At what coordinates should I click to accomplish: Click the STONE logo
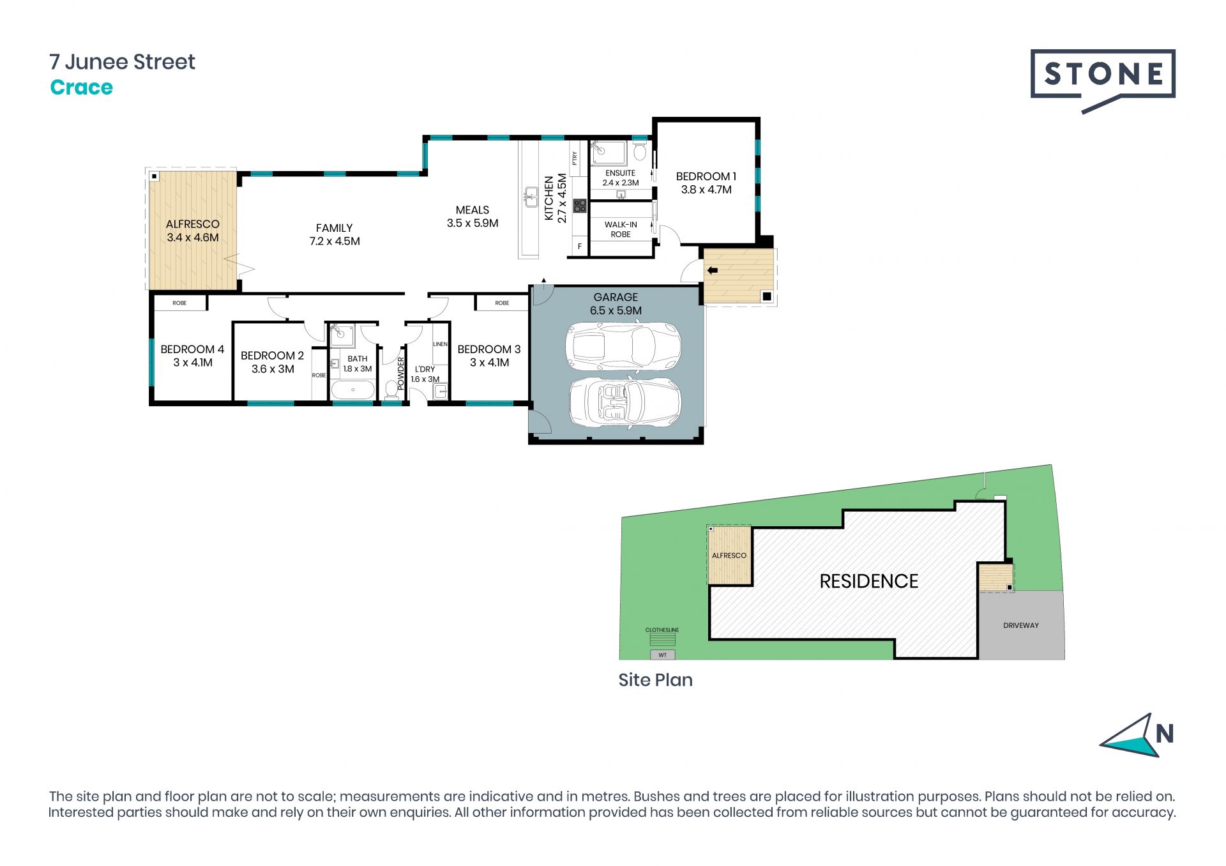[1103, 80]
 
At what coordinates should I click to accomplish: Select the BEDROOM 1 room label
[706, 183]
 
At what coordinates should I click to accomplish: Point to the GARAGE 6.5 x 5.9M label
[616, 304]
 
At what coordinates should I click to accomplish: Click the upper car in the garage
[623, 346]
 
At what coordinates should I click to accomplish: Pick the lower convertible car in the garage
[625, 402]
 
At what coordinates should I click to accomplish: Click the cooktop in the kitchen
[580, 206]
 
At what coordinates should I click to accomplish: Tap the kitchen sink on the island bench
[531, 197]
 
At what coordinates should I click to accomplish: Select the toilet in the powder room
[391, 390]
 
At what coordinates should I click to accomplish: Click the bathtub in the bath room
[353, 390]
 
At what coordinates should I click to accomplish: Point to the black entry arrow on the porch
[713, 270]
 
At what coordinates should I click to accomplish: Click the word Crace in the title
[81, 87]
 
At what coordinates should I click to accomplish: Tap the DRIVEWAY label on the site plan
[1021, 625]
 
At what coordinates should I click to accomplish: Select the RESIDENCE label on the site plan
[868, 581]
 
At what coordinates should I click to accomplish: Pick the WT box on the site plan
[663, 655]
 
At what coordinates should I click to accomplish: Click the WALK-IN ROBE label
[621, 229]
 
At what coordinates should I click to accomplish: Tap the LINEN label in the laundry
[440, 344]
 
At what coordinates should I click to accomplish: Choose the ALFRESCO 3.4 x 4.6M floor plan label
[193, 231]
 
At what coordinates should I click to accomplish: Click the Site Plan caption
[655, 680]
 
